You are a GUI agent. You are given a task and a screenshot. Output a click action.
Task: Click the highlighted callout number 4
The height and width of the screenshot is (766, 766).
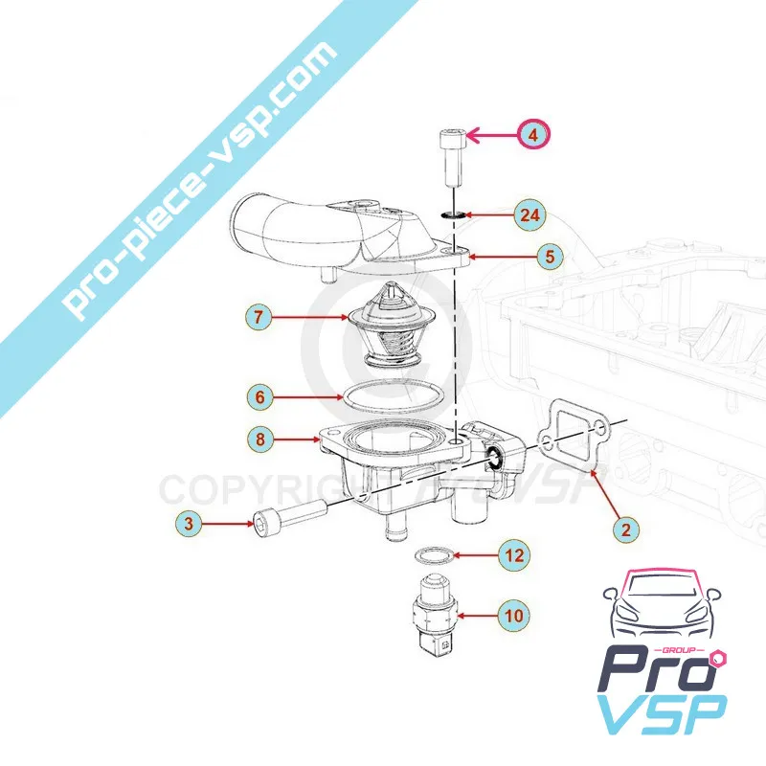pos(534,136)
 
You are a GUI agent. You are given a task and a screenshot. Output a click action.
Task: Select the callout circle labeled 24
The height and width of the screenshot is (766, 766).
pos(528,214)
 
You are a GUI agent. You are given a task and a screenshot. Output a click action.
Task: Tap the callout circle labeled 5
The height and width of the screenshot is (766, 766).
pos(550,257)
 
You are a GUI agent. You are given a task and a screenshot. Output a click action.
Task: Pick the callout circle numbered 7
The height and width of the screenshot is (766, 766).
pos(258,315)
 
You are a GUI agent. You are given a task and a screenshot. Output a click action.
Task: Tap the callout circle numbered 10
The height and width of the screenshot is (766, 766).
pos(514,615)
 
